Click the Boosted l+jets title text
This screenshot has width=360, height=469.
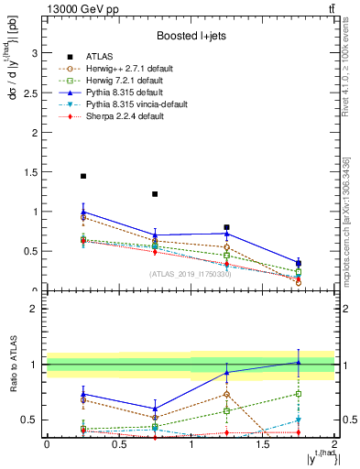188,35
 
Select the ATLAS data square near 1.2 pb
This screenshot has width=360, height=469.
155,194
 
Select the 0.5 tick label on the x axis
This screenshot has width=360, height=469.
118,444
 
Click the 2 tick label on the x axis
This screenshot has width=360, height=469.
333,444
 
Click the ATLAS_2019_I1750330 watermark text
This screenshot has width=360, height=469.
189,274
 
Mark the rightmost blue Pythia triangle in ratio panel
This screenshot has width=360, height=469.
298,362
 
